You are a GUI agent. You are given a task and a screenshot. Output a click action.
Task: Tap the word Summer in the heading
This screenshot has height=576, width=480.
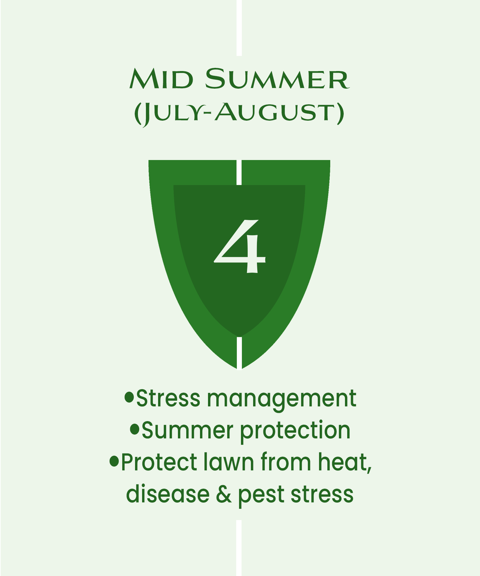click(x=277, y=79)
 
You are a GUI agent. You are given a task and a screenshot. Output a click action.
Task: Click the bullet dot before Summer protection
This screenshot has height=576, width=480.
click(x=135, y=429)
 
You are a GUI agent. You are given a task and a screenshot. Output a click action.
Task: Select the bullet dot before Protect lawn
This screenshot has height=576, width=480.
click(x=114, y=461)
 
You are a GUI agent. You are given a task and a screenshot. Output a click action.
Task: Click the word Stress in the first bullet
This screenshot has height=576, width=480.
click(x=168, y=399)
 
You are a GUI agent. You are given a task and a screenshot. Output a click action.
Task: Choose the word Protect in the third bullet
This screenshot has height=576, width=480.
click(x=159, y=462)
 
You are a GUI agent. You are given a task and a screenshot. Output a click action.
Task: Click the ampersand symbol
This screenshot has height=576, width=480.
click(x=224, y=494)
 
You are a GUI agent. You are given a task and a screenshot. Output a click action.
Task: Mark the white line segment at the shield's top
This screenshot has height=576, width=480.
click(x=239, y=172)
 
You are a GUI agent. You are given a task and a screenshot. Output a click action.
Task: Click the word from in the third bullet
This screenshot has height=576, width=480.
click(x=286, y=462)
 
